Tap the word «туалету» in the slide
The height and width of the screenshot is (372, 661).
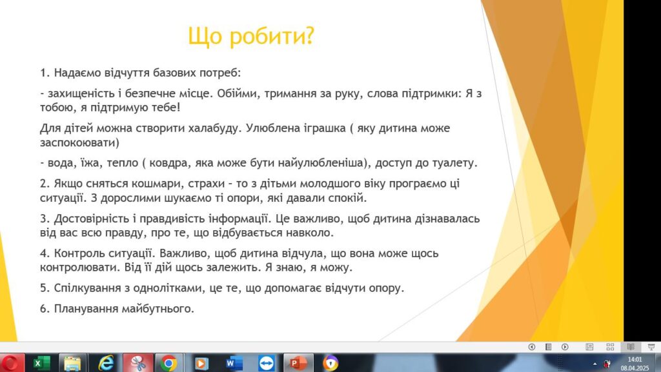454,163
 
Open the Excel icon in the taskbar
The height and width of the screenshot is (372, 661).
41,363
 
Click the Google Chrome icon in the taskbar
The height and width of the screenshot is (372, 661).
168,363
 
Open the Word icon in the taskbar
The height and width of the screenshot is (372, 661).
234,363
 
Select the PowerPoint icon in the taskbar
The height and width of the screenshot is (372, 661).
298,363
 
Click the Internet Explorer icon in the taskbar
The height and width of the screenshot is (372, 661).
105,363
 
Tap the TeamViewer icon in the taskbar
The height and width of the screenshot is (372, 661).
267,363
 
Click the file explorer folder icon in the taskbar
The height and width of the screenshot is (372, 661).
72,363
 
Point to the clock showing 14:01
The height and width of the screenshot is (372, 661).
635,359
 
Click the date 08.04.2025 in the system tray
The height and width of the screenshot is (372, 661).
635,368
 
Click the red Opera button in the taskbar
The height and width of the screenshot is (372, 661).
10,363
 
